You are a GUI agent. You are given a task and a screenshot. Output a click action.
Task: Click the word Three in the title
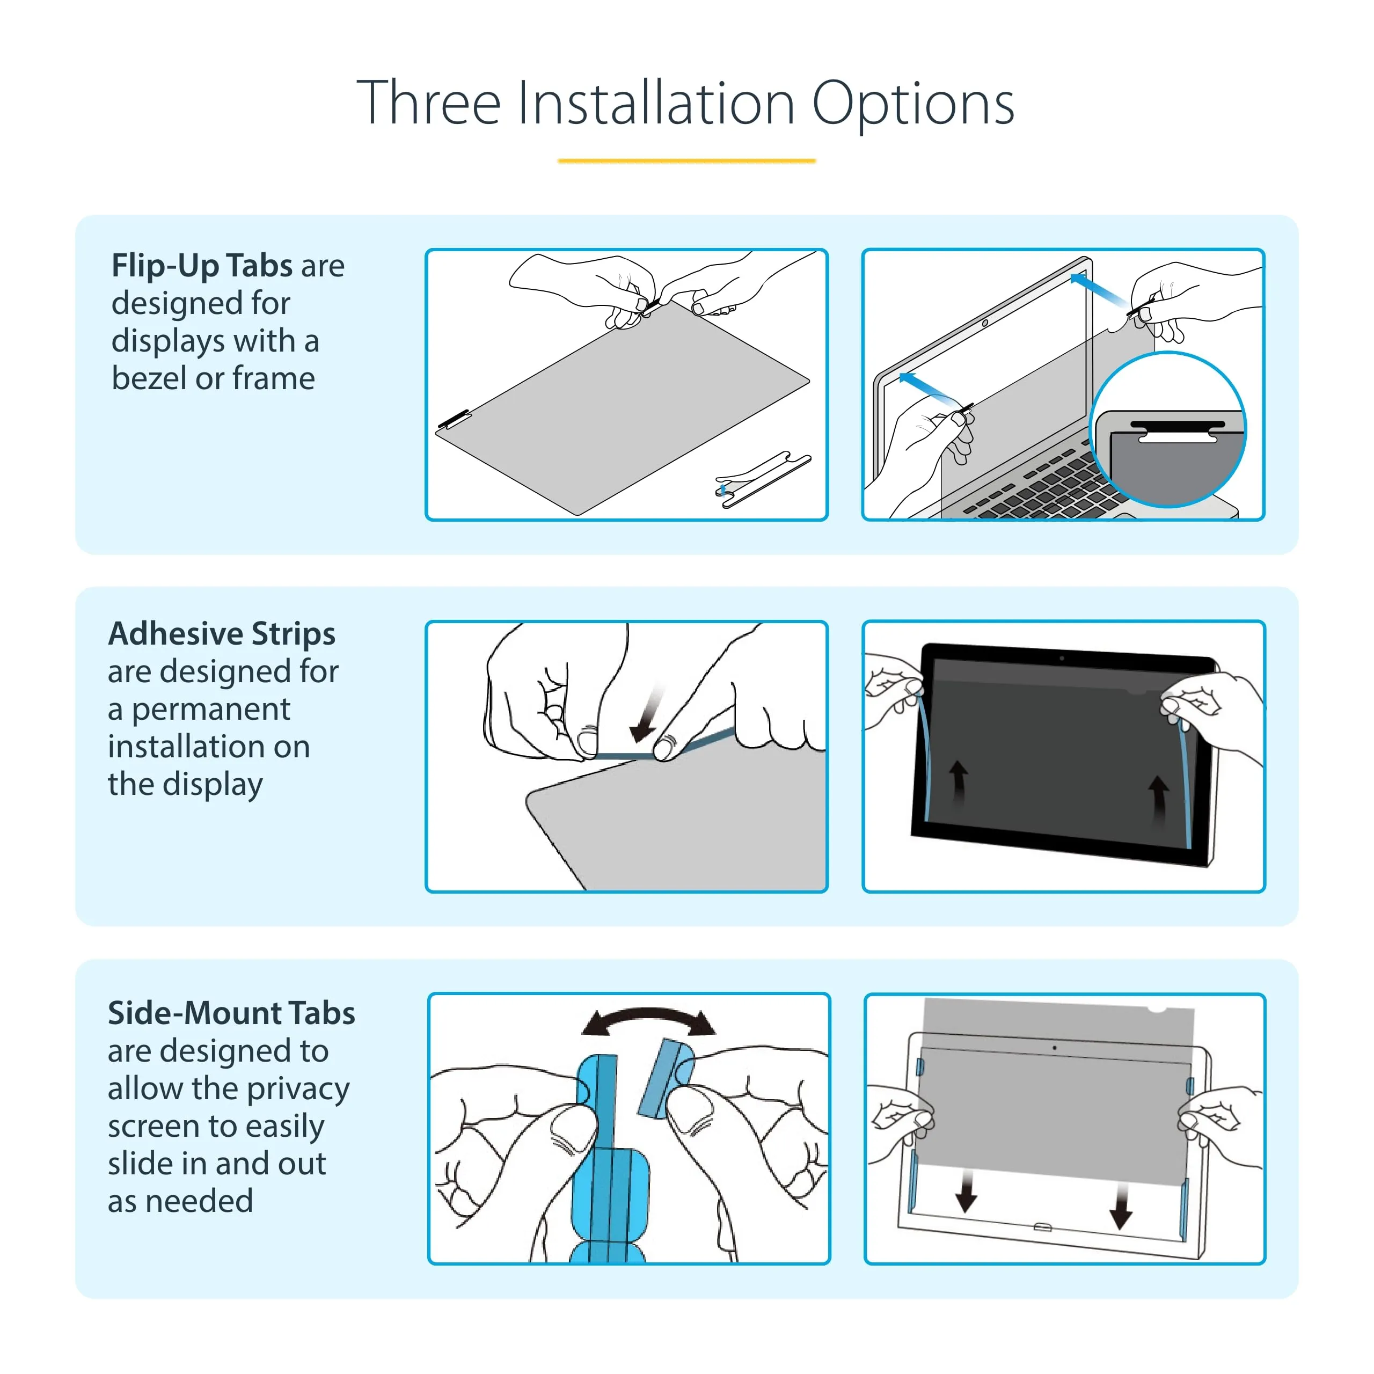429,103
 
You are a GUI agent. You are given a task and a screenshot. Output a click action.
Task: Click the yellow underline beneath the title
686,160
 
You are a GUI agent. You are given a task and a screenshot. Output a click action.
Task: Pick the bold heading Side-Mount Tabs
231,1013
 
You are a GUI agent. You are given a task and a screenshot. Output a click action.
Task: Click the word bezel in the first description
149,378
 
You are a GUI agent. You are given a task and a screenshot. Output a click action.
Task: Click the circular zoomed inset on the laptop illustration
1168,429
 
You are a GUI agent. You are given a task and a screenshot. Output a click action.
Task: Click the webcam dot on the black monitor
1061,659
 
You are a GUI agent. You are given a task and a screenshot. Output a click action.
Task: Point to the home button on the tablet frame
1042,1227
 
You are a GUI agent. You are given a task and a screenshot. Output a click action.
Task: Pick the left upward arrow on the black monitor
959,783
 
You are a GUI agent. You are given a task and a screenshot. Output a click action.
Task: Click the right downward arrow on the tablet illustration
1122,1207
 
